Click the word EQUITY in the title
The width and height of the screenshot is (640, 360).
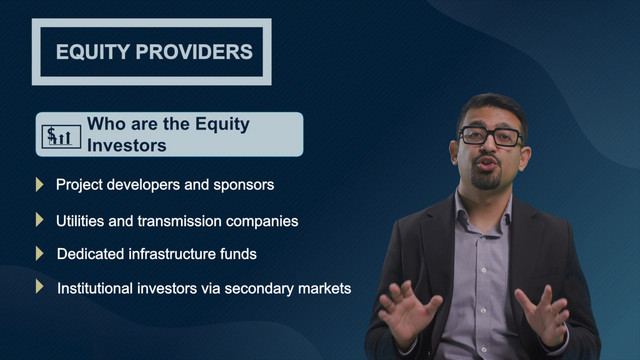[x=93, y=52]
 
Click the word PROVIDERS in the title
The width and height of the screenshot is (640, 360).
[x=194, y=52]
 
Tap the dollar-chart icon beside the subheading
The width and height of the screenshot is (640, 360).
[x=61, y=136]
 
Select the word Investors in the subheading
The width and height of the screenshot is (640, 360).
[x=127, y=146]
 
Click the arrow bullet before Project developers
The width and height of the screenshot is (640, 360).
[x=39, y=184]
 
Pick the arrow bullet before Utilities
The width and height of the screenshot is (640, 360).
[x=39, y=220]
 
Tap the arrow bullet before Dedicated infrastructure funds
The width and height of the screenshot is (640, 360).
[x=39, y=253]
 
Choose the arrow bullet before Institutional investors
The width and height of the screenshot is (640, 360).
[x=39, y=286]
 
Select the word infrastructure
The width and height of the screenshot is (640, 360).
[x=172, y=254]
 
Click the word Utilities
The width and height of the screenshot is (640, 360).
[x=80, y=221]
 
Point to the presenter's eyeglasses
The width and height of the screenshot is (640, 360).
[x=490, y=136]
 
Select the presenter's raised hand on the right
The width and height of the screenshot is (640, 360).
[x=543, y=314]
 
